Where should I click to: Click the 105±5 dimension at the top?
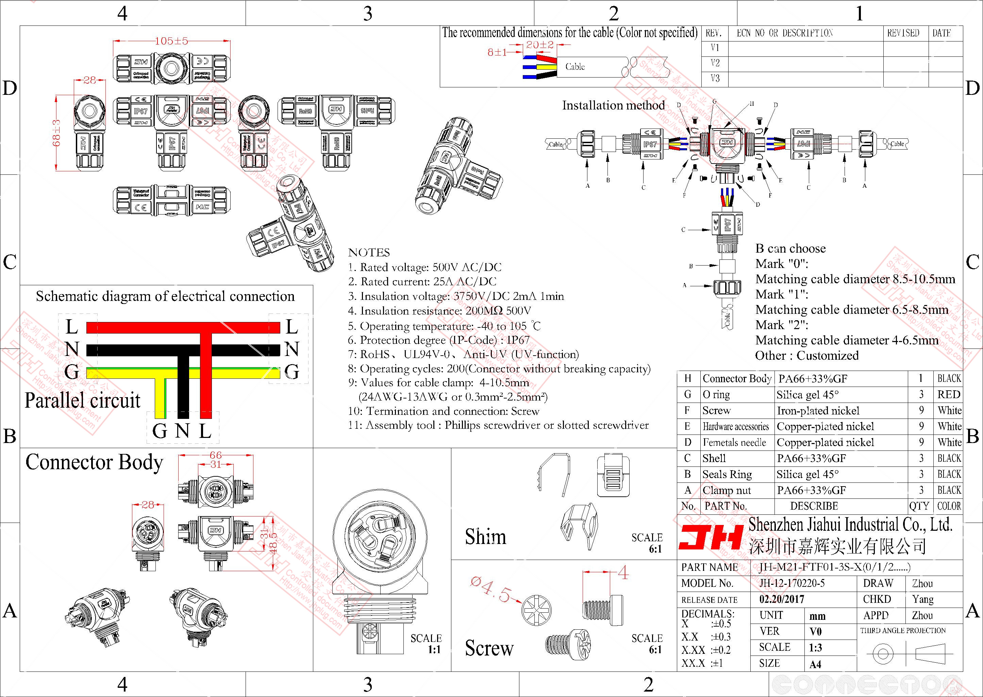click(x=171, y=41)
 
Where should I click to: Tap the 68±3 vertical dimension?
click(x=57, y=133)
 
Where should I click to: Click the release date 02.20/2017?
click(x=781, y=599)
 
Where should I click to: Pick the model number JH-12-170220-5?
click(x=792, y=583)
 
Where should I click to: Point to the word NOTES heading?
click(x=369, y=252)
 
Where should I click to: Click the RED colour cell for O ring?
click(x=948, y=394)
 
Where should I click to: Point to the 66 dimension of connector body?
click(x=216, y=455)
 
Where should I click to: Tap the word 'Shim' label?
click(x=485, y=537)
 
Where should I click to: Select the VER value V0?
click(x=815, y=631)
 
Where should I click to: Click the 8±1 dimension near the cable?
click(x=497, y=52)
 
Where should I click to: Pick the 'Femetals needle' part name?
click(x=734, y=442)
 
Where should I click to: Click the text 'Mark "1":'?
click(x=782, y=294)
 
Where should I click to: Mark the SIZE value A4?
click(x=815, y=664)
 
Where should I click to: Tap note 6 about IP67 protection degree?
click(x=439, y=340)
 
